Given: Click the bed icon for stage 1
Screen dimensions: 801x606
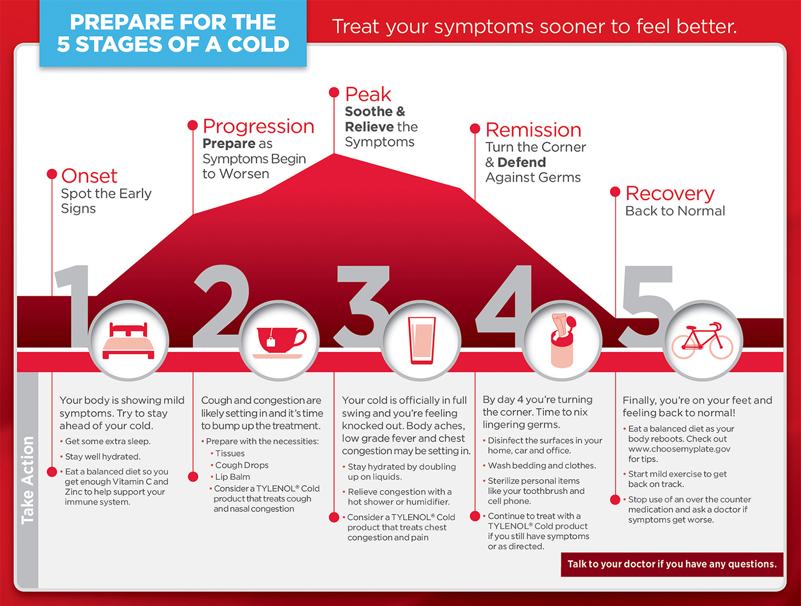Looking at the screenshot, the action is [128, 341].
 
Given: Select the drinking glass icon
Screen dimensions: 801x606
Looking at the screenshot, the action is [421, 340].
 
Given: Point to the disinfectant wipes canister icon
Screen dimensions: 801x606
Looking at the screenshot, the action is [562, 340].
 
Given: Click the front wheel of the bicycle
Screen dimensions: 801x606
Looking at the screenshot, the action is [721, 347].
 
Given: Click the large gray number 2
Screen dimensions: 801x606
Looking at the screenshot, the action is [221, 306].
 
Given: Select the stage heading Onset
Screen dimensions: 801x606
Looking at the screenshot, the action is [89, 176].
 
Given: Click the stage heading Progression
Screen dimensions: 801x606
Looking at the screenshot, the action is [258, 126].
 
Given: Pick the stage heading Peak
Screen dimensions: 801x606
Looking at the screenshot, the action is [368, 94].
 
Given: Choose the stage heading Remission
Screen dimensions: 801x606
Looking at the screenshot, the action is [533, 130].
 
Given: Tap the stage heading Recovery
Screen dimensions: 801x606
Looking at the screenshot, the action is [670, 193].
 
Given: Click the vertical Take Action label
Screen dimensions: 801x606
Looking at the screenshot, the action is [28, 480].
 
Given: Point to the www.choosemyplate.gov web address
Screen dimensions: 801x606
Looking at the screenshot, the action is [679, 449].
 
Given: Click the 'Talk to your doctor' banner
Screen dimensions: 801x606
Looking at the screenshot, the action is [672, 564].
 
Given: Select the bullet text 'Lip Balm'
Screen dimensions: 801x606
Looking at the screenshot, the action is [233, 476].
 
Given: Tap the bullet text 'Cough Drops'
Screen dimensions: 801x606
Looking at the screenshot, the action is [242, 465].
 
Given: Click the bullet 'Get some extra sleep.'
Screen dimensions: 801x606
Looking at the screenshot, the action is [108, 441].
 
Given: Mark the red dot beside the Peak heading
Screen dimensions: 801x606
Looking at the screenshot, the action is [334, 92].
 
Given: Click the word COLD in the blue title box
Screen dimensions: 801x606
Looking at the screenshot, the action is [258, 44].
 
